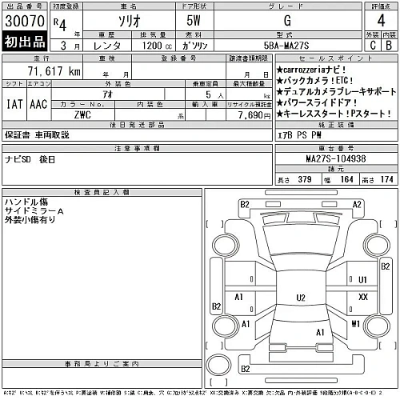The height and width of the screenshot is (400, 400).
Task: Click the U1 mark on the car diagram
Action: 362,279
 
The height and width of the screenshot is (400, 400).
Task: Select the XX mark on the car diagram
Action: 363,297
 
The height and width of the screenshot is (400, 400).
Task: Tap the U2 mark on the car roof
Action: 301,298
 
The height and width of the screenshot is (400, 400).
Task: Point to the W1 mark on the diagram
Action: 354,323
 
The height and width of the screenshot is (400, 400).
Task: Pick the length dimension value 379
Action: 304,178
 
